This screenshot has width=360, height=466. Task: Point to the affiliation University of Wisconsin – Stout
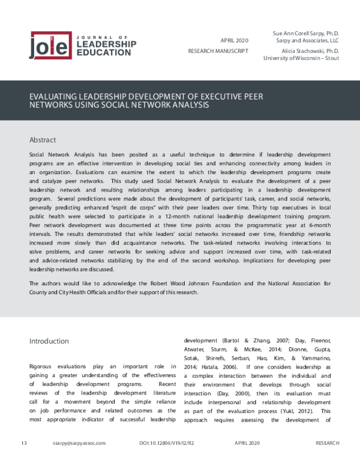pyautogui.click(x=301, y=58)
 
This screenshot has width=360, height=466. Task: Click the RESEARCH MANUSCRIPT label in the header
pyautogui.click(x=218, y=51)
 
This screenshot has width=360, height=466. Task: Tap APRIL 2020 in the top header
pyautogui.click(x=235, y=40)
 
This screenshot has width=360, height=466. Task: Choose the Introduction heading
pyautogui.click(x=49, y=341)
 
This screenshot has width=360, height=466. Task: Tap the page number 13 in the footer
pyautogui.click(x=24, y=443)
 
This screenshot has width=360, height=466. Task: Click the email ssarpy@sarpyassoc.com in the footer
pyautogui.click(x=79, y=443)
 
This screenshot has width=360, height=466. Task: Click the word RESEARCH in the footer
pyautogui.click(x=327, y=443)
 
